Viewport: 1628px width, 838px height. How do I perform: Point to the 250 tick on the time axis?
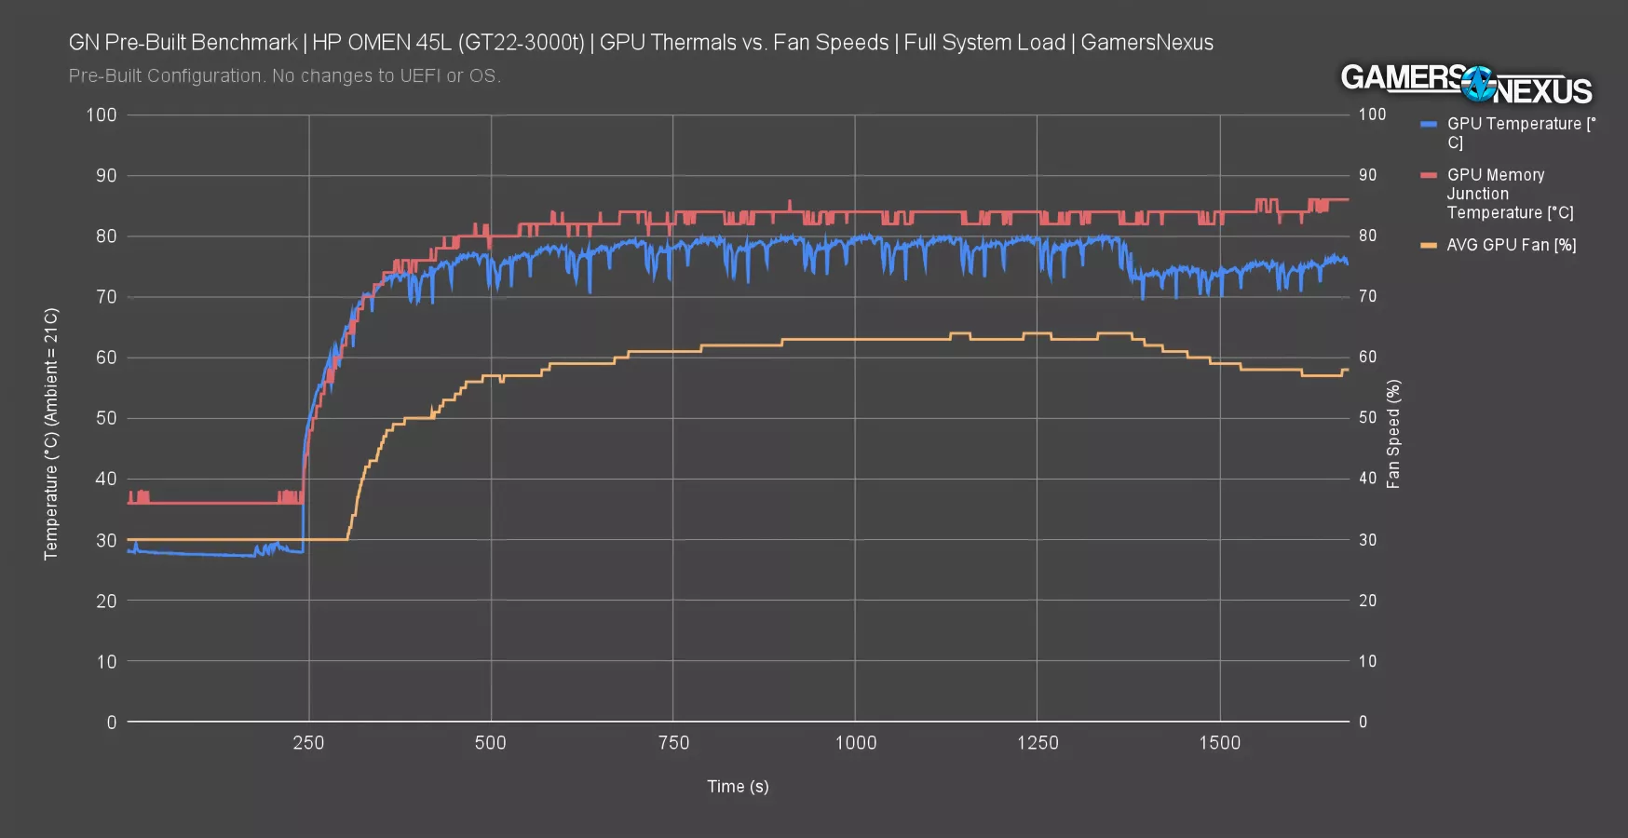(x=308, y=743)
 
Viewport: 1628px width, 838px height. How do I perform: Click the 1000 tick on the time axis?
(x=855, y=743)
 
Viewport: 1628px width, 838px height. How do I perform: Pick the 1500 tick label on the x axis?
(x=1219, y=743)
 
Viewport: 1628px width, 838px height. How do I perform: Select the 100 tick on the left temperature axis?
(x=102, y=115)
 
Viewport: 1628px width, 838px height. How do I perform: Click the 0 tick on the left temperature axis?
(x=112, y=723)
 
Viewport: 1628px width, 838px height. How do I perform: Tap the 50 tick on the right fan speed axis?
(x=1367, y=418)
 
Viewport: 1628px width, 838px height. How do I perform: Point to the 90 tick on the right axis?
(x=1367, y=175)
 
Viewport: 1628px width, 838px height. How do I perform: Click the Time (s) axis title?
(x=738, y=787)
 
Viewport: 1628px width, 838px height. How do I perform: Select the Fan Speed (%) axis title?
(x=1393, y=434)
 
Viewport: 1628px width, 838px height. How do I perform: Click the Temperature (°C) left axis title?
(x=51, y=434)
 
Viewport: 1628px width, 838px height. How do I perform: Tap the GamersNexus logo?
(x=1466, y=85)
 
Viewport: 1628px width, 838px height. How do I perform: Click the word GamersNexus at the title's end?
(x=1146, y=43)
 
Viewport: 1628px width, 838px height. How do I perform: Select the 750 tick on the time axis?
(x=673, y=743)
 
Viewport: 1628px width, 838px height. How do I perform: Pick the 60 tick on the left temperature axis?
(x=106, y=358)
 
